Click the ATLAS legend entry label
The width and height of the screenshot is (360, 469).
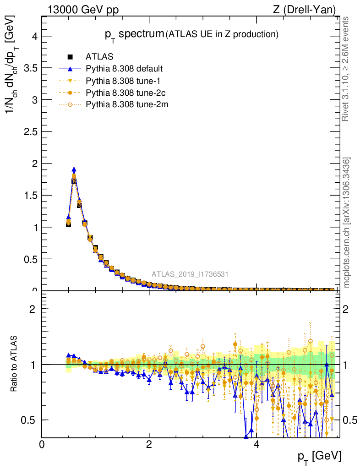pos(97,57)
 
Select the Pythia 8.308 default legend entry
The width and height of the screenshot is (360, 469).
pos(124,69)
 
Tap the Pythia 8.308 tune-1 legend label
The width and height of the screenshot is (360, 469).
pos(120,81)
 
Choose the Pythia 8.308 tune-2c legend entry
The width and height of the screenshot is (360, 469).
pos(122,93)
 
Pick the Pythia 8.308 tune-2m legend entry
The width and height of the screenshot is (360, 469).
pos(123,105)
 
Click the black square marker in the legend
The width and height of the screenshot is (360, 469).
pos(71,57)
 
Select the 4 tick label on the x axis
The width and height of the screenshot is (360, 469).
pos(256,444)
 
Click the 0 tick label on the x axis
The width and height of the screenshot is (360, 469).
pos(42,444)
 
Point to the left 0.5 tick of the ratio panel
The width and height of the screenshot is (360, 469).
pos(30,420)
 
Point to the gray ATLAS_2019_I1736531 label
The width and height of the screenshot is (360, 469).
pos(190,274)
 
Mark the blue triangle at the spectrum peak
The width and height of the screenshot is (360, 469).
pos(74,169)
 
